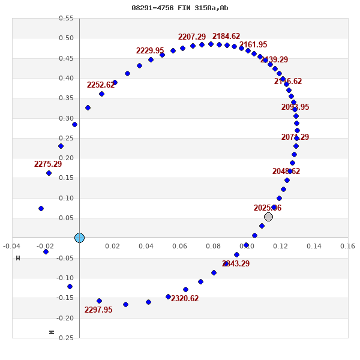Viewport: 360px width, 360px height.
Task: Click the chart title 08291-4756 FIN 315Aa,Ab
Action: [x=180, y=8]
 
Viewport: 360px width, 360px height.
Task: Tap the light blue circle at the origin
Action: [x=79, y=238]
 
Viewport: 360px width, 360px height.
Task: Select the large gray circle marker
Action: [x=268, y=217]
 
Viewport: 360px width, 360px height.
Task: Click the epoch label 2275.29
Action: [x=48, y=164]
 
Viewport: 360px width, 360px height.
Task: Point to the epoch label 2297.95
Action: [x=98, y=310]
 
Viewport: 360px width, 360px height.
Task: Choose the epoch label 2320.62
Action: [x=185, y=299]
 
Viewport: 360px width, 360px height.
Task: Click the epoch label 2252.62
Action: [x=101, y=85]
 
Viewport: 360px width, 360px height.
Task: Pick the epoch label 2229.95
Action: [x=150, y=51]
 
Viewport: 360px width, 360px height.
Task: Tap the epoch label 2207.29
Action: [x=192, y=37]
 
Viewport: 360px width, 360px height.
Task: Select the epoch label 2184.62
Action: [x=226, y=37]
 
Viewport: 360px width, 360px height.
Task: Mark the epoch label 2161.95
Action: [x=253, y=45]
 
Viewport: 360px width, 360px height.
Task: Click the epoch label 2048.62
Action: [x=286, y=172]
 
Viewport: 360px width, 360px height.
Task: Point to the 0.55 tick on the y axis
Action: [x=66, y=18]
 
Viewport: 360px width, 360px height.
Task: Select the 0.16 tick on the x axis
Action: [x=347, y=245]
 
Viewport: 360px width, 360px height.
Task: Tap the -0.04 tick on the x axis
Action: [x=11, y=245]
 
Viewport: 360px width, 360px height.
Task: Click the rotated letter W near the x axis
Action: [x=18, y=258]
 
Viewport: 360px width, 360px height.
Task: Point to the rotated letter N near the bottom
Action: [x=52, y=332]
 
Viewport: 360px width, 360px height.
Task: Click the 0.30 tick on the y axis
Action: [x=66, y=118]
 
